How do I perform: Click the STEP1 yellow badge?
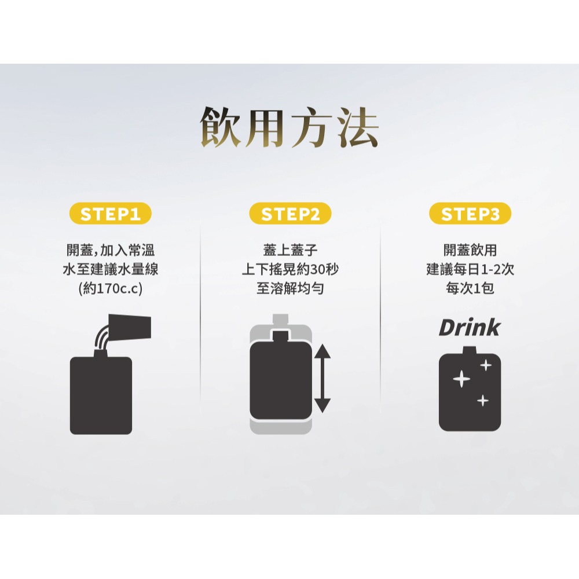[110, 214]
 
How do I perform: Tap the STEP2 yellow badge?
[290, 214]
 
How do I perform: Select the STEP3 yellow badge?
[470, 214]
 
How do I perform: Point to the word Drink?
[469, 328]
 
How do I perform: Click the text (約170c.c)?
[110, 288]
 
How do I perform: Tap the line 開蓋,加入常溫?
[110, 251]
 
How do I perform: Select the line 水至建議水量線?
[110, 270]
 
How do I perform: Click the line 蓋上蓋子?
[290, 251]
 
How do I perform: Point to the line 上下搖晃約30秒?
[290, 270]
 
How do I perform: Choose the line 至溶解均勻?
[290, 288]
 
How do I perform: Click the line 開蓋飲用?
[470, 251]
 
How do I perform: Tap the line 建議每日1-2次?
[470, 270]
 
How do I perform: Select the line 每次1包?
[470, 288]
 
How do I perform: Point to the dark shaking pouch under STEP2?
[281, 379]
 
